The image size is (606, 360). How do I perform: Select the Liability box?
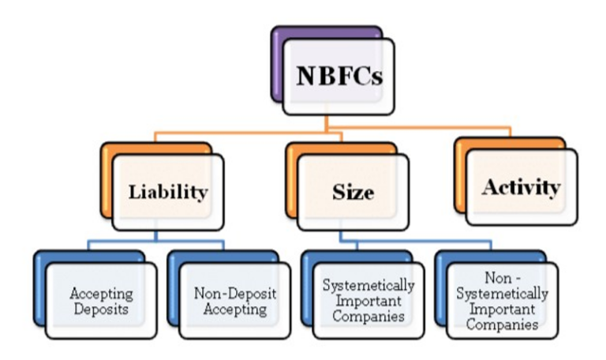coord(168,191)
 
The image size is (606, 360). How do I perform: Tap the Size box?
coord(353,192)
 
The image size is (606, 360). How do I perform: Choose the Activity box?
coord(521,187)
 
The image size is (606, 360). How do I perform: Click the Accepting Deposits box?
coord(101,300)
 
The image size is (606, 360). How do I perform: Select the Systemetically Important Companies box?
coord(368,300)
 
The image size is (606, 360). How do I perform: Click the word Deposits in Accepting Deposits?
coord(101,309)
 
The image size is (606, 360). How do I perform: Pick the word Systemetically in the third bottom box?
coord(368,285)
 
